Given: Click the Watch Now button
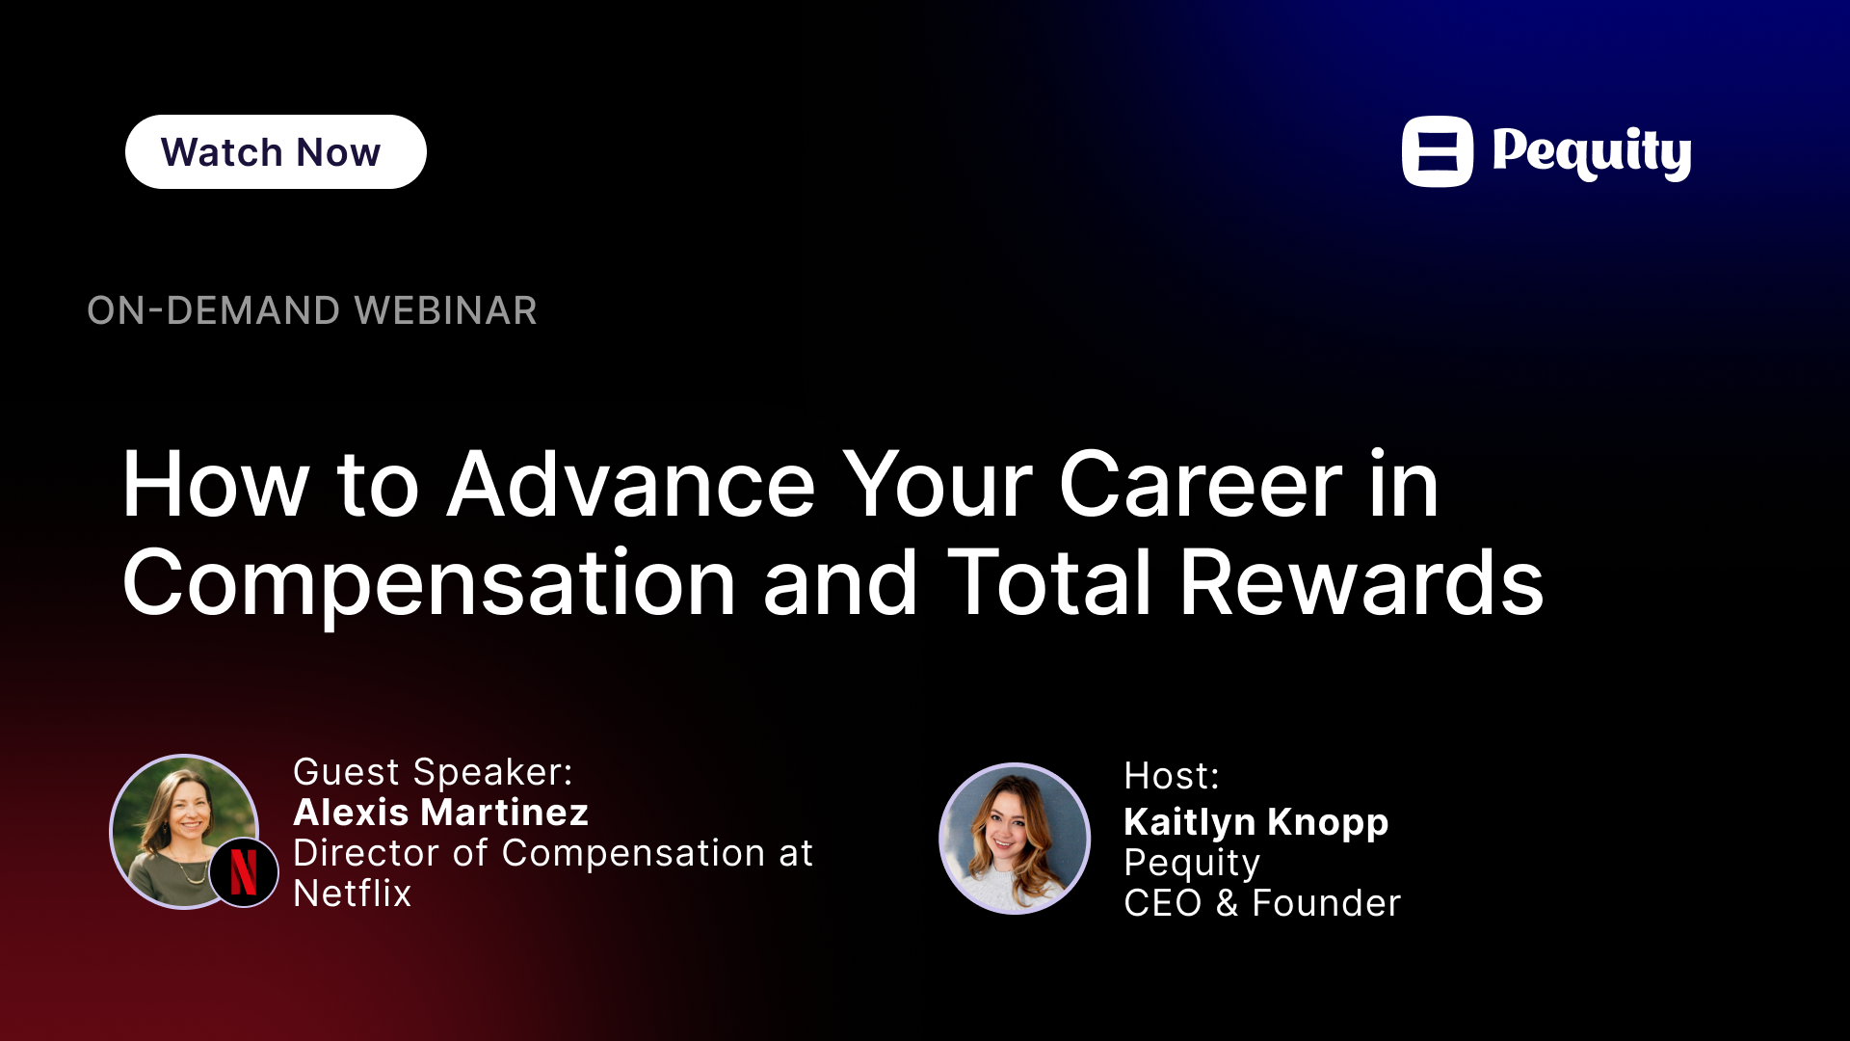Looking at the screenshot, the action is coord(276,152).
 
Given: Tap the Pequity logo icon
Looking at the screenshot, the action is coord(1438,151).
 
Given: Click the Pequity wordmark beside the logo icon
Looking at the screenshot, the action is coord(1592,152).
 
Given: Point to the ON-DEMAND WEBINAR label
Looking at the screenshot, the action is coord(312,310).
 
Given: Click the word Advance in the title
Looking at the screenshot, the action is coord(632,484).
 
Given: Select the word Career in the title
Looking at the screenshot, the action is coord(1201,484).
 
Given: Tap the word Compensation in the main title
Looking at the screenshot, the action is coord(430,584).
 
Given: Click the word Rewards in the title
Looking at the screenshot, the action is coord(1361,582).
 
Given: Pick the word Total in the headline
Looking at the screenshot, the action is coord(1049,582).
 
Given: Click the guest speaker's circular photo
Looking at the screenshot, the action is coord(184,831).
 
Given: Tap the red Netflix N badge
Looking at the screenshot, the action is coord(244,871).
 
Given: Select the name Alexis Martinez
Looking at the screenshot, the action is coord(440,813).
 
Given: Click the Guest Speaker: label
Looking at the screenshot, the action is coord(433,772).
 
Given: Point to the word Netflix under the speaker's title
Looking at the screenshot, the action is coord(352,894).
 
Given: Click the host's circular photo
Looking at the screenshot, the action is coord(1015,839).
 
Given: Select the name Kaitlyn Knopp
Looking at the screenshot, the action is coord(1255,823).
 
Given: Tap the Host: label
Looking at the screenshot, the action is coord(1172,776).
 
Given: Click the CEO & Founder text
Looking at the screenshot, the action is coord(1262,903).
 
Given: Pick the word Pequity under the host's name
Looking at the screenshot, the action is coord(1192,864).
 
